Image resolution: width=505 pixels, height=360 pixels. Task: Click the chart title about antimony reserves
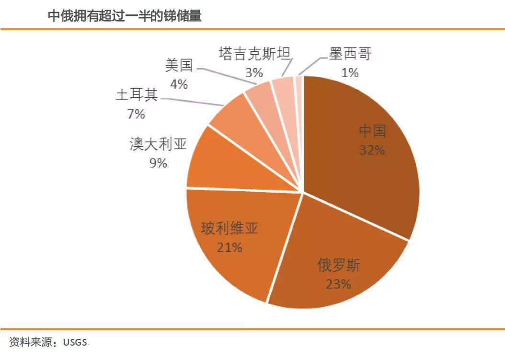click(124, 16)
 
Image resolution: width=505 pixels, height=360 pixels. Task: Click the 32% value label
click(372, 150)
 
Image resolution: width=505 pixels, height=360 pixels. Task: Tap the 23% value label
click(339, 284)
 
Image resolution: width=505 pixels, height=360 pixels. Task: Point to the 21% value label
click(230, 247)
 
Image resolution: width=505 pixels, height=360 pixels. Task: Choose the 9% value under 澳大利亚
click(158, 163)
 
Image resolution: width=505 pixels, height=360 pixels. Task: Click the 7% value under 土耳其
click(136, 114)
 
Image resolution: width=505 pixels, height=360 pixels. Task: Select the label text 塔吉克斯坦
click(254, 53)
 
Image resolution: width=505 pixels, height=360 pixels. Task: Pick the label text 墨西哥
click(350, 53)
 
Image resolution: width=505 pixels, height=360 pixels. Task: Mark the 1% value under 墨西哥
click(350, 73)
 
